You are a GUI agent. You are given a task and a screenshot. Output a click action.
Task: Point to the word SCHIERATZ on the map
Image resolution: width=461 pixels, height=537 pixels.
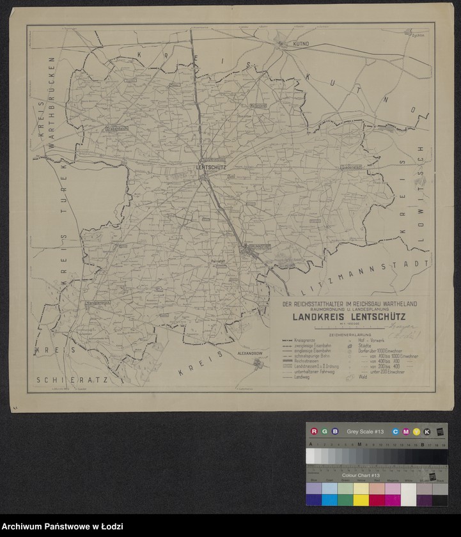point(72,380)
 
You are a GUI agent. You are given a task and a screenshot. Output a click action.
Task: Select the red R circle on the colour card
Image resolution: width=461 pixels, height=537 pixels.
point(314,432)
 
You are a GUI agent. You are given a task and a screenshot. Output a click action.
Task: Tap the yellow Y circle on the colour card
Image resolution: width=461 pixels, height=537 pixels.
point(416,432)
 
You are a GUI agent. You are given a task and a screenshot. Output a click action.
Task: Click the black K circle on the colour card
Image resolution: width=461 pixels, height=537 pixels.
point(426,432)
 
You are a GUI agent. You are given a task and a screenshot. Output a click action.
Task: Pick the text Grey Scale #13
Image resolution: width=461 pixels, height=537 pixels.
point(363,432)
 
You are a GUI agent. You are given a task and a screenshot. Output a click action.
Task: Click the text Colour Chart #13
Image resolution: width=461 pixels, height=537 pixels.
point(361,476)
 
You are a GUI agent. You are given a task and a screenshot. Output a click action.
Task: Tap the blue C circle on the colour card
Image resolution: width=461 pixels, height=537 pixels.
point(396,432)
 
